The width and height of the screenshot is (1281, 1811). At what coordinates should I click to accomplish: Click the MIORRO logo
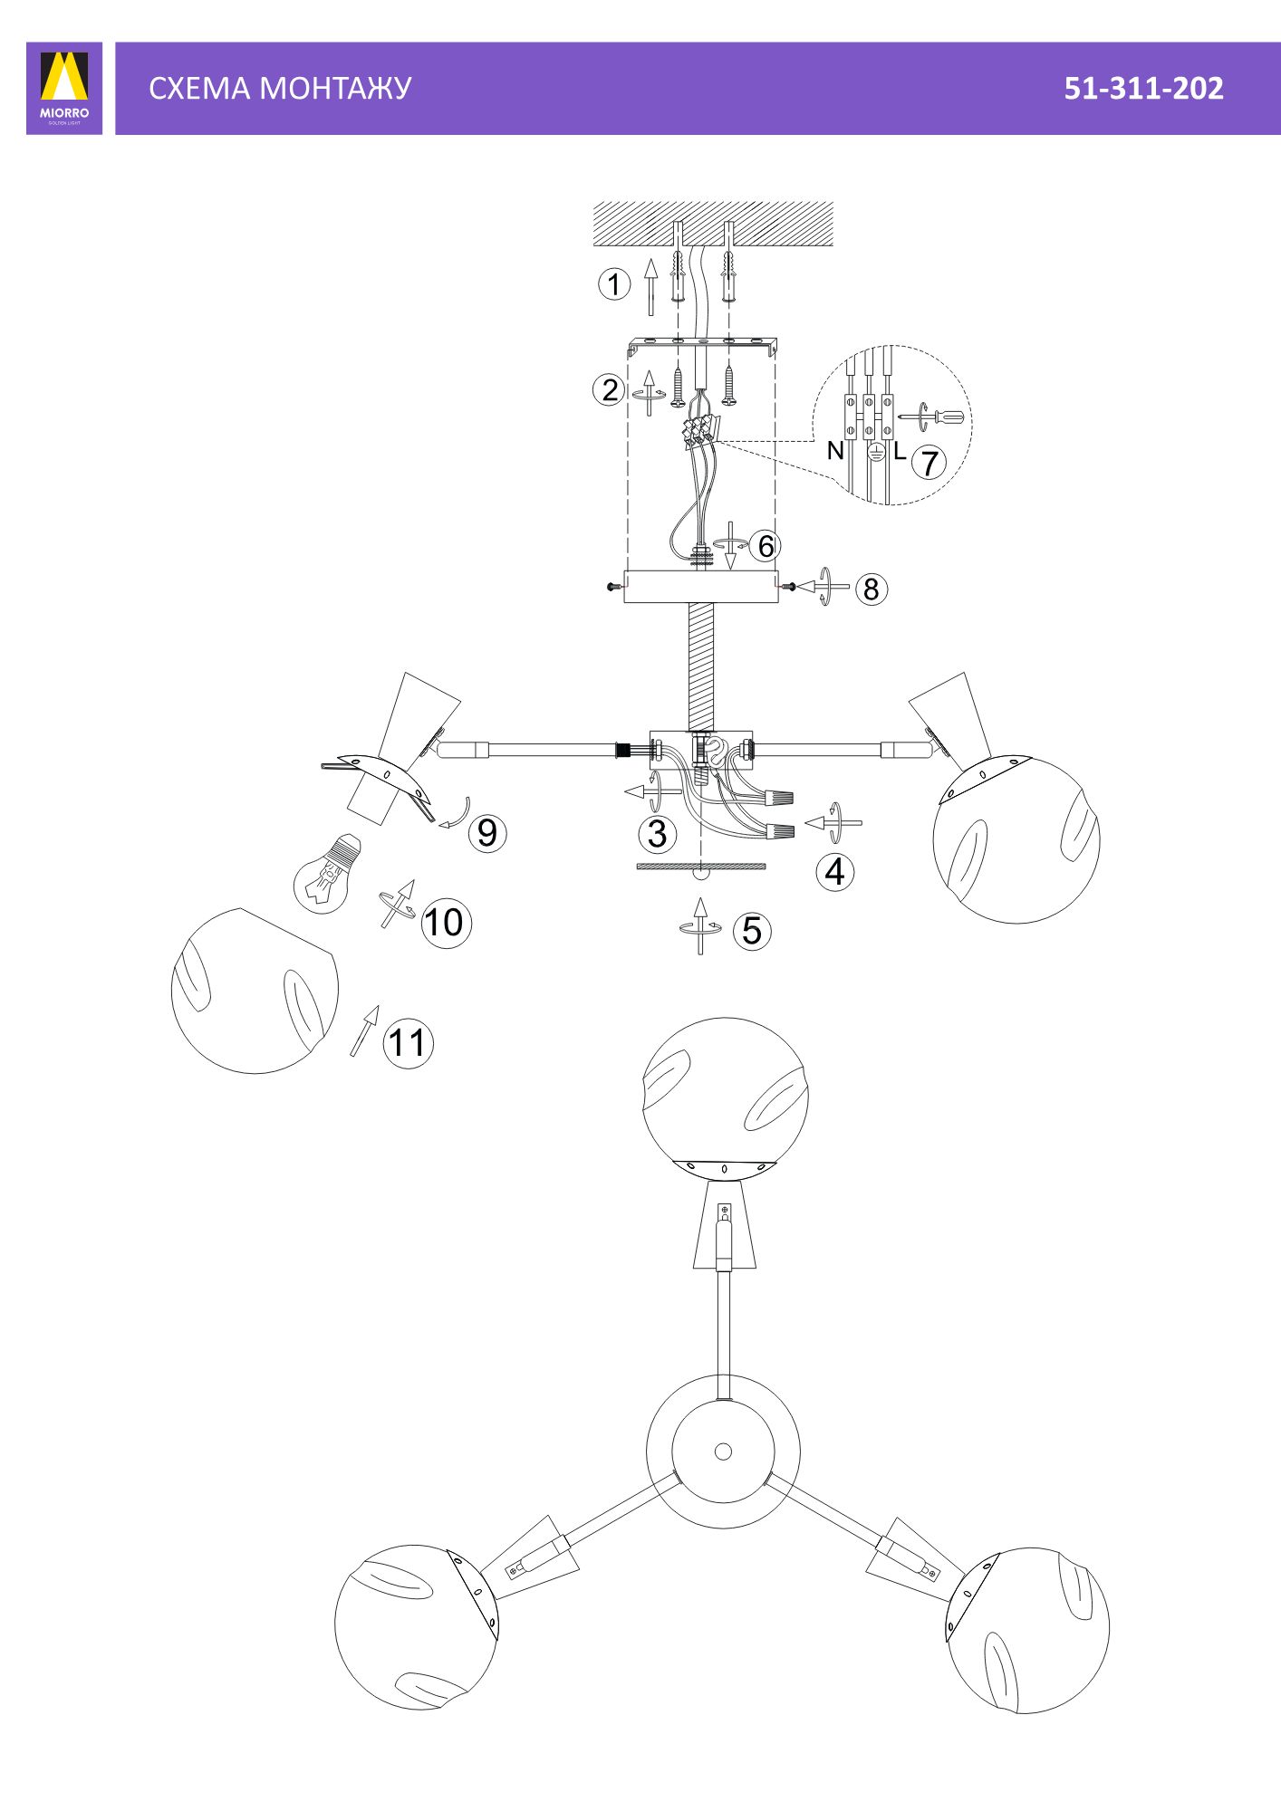[x=64, y=88]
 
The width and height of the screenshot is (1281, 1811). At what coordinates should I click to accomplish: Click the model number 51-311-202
[x=1143, y=88]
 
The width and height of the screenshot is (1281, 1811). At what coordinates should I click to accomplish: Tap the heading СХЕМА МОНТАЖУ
[x=280, y=88]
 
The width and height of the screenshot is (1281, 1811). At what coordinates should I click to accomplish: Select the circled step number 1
[x=614, y=284]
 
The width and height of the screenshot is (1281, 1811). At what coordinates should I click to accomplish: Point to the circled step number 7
[x=929, y=463]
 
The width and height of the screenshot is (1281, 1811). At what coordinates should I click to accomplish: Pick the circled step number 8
[x=872, y=589]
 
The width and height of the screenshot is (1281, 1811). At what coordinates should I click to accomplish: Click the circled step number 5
[x=752, y=931]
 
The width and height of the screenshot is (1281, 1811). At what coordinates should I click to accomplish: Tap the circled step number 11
[x=408, y=1043]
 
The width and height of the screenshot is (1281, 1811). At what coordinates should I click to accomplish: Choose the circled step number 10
[x=446, y=923]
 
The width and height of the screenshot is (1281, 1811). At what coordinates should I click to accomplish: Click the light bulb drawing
[x=328, y=874]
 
